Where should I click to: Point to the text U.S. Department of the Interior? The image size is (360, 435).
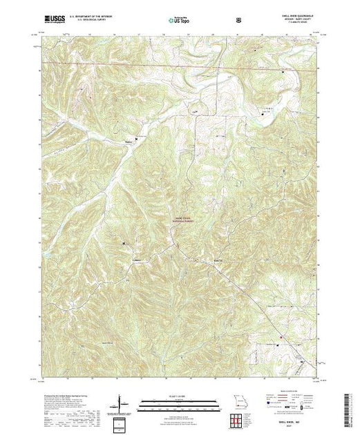(x=82, y=17)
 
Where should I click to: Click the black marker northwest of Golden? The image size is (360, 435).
(x=124, y=244)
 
